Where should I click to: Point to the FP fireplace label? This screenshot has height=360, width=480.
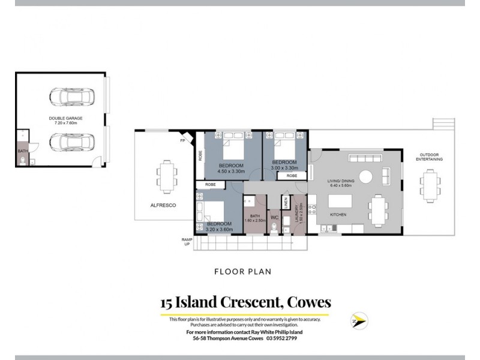pyautogui.click(x=182, y=142)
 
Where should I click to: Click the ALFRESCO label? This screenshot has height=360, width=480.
pyautogui.click(x=153, y=205)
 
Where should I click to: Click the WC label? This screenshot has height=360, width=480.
pyautogui.click(x=274, y=217)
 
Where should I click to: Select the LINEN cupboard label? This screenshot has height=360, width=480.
pyautogui.click(x=286, y=203)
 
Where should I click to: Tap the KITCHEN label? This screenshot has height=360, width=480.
pyautogui.click(x=338, y=214)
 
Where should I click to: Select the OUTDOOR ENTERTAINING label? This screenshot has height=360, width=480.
pyautogui.click(x=430, y=158)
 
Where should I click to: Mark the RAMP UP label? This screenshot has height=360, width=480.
pyautogui.click(x=187, y=242)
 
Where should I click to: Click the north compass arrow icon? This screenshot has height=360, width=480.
pyautogui.click(x=359, y=320)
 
